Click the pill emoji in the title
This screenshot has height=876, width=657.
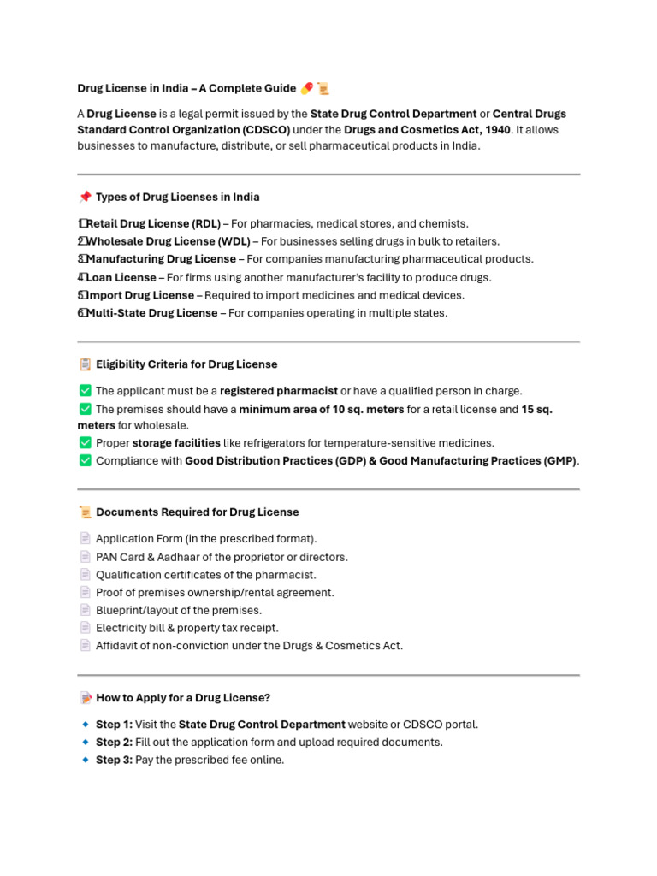[306, 88]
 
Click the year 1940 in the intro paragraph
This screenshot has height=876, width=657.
[494, 130]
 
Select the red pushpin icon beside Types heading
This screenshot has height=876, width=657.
[85, 198]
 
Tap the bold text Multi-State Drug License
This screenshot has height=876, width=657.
[151, 313]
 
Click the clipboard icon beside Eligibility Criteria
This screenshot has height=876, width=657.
[85, 364]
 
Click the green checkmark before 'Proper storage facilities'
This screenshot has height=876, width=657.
[85, 443]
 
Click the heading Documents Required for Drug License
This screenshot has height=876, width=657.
[198, 512]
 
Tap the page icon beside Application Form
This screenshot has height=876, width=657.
[85, 539]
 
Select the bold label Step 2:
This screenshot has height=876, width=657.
[114, 743]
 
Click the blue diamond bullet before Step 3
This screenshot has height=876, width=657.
[85, 760]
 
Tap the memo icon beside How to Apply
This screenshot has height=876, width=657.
[85, 698]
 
